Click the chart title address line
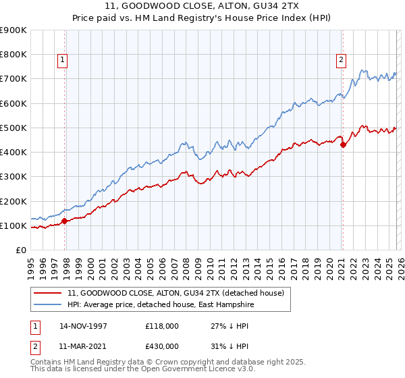[x=202, y=6]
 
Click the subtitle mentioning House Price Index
[x=202, y=18]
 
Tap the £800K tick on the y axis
[x=13, y=55]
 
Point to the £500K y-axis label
[x=13, y=128]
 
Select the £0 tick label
[x=20, y=250]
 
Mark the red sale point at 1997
[x=65, y=221]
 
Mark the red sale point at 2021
[x=343, y=144]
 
